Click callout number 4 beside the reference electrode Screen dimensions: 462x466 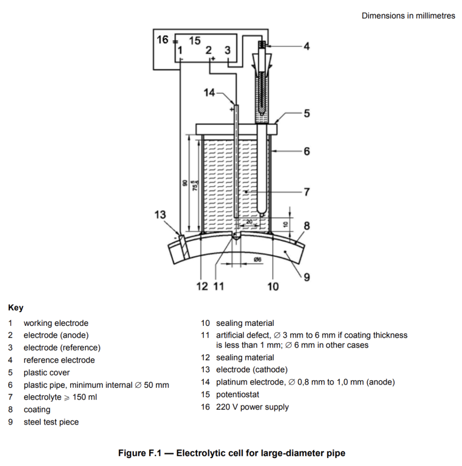click(x=306, y=46)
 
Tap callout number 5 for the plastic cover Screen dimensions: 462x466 click(x=307, y=113)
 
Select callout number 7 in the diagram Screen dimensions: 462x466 click(x=307, y=192)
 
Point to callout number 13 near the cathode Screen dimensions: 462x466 click(x=160, y=215)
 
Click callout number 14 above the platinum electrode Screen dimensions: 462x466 click(x=209, y=93)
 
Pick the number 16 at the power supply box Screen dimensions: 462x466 click(x=162, y=40)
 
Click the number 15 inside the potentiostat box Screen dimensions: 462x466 click(x=195, y=41)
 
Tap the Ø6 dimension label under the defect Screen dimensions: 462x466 click(x=258, y=259)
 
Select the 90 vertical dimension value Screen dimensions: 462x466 click(x=185, y=183)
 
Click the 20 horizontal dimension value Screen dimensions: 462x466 click(x=249, y=222)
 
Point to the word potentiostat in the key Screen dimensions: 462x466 click(x=238, y=395)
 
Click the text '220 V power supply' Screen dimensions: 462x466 click(x=253, y=407)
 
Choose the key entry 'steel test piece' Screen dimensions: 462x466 click(x=51, y=422)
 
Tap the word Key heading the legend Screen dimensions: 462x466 click(x=16, y=308)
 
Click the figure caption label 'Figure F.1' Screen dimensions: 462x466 click(x=140, y=453)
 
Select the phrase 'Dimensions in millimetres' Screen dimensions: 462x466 click(x=408, y=16)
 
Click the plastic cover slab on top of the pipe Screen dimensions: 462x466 click(x=236, y=129)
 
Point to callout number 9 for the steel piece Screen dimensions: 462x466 click(x=307, y=277)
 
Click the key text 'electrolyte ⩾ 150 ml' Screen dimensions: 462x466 click(x=61, y=397)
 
